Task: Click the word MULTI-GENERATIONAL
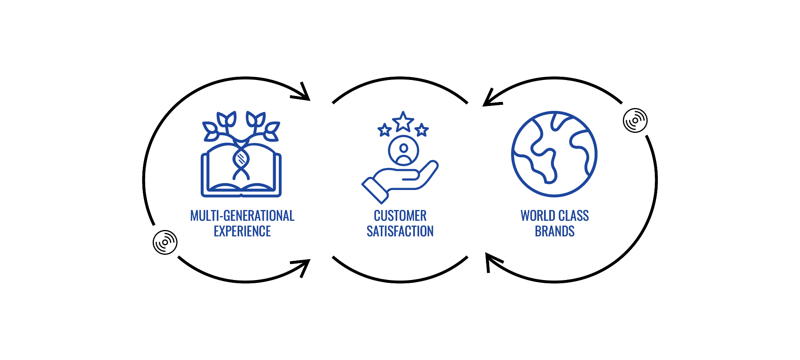coord(242,216)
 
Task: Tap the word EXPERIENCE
coord(242,232)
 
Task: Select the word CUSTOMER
coord(400,216)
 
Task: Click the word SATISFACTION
coord(400,232)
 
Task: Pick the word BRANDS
coord(555,232)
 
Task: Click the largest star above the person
coord(403,122)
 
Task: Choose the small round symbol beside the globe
coord(635,120)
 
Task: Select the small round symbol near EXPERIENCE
coord(165,242)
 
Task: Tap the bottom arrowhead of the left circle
coord(304,266)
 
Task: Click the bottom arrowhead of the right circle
coord(491,260)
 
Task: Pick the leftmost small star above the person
coord(385,130)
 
